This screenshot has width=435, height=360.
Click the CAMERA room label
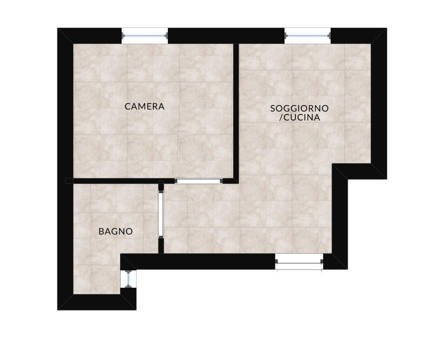coord(145,107)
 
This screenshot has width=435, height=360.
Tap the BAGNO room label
coord(116,232)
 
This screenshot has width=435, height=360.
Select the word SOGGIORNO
coord(299,109)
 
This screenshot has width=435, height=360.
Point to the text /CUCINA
coord(299,118)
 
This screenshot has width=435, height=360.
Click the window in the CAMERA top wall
coord(145,36)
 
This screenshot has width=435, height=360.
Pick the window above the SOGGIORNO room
coord(307,36)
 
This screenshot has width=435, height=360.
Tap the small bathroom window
coord(128,279)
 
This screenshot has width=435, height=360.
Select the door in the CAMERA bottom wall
coord(198,181)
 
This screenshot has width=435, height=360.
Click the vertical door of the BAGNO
coord(161,214)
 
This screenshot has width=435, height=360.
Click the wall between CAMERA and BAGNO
coord(119,181)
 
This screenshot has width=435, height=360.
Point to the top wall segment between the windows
coord(226,36)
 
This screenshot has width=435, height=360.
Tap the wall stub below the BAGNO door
coord(161,245)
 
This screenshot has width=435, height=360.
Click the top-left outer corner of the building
coord(57,28)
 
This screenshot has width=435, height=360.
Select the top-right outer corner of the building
coord(387,28)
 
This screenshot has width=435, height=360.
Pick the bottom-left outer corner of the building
coord(57,310)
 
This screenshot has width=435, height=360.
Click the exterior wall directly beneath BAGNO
coord(97,302)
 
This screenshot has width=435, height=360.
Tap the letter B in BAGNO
coord(101,232)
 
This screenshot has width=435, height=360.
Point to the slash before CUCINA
coord(281,118)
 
